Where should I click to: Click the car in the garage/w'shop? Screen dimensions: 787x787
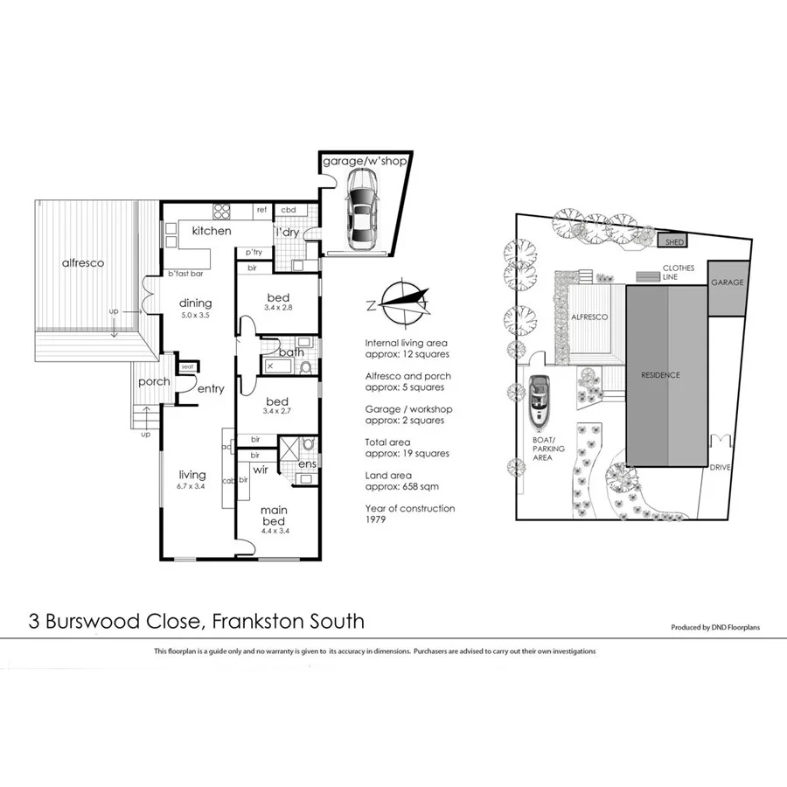pos(361,207)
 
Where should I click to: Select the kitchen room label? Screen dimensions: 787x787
pos(212,231)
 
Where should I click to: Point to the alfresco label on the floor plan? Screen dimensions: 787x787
pos(84,262)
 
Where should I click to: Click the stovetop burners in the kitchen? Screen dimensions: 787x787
pos(220,211)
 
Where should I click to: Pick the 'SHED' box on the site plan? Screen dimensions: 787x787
pos(675,241)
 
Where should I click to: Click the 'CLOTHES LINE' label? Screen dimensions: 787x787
pos(678,273)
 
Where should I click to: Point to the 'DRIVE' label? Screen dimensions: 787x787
pos(721,467)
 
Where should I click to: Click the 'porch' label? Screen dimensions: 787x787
pos(153,382)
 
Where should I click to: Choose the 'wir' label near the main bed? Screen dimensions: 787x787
pos(260,470)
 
